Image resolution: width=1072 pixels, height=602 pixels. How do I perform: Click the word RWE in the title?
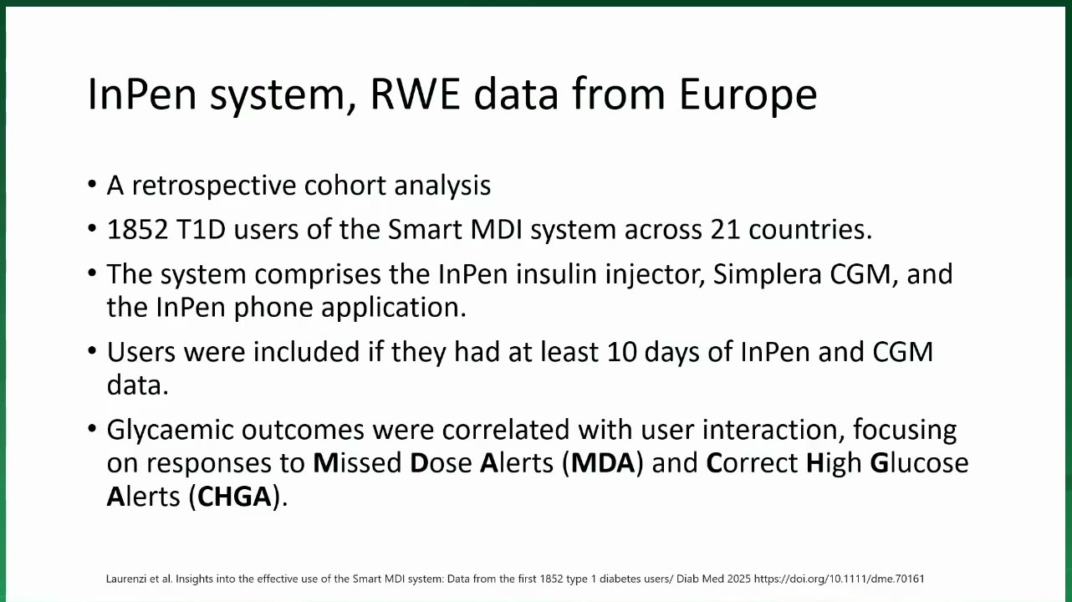click(x=416, y=94)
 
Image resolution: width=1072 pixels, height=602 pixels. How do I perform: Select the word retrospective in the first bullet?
click(x=214, y=186)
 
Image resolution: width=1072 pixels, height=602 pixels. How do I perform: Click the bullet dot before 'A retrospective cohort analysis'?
click(x=92, y=184)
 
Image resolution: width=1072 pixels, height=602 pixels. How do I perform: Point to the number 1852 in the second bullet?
click(x=138, y=229)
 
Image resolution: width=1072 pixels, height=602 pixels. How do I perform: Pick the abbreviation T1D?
click(x=201, y=229)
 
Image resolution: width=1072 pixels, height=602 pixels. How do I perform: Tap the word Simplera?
click(x=767, y=275)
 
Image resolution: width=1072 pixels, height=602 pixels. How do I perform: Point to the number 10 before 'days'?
click(x=621, y=352)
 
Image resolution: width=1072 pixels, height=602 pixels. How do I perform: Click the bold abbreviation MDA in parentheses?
click(x=603, y=462)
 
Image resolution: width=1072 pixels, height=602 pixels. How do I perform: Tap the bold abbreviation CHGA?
click(x=234, y=497)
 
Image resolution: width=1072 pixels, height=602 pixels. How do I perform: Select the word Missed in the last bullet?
click(x=357, y=462)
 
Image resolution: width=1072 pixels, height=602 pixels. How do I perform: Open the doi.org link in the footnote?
click(x=839, y=579)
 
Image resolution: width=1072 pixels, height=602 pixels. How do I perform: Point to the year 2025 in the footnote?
click(x=738, y=579)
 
